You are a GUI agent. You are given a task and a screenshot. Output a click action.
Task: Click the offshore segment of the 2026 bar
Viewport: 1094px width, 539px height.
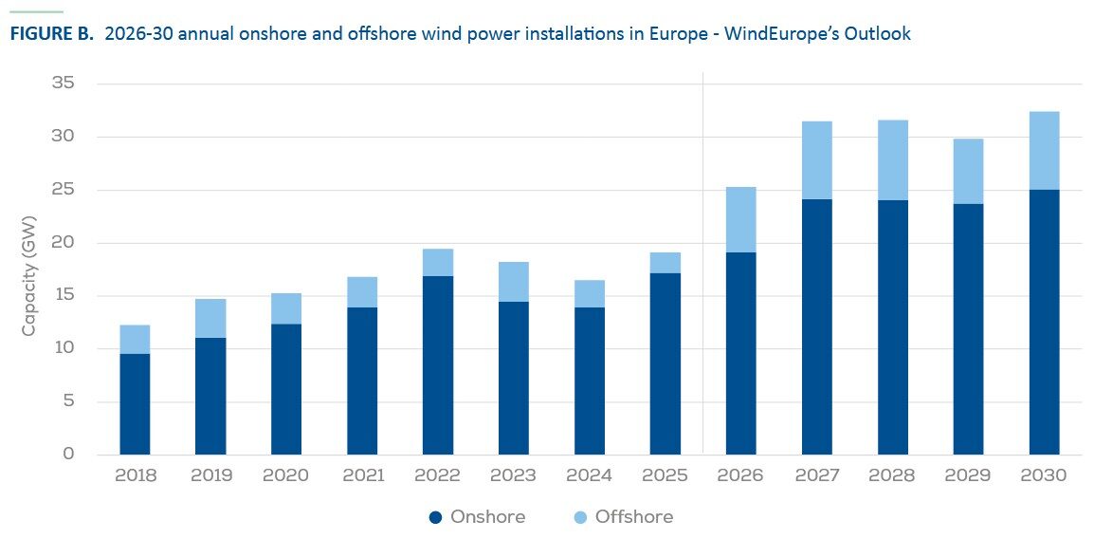click(741, 220)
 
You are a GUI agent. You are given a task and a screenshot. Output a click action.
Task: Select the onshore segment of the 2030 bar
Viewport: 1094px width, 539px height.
click(1045, 322)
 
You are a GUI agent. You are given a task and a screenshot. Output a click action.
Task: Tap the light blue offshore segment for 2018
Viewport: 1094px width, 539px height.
click(135, 340)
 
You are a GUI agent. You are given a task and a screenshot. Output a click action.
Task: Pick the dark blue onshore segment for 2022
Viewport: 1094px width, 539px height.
click(437, 365)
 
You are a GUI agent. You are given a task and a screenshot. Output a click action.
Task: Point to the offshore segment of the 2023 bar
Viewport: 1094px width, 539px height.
click(514, 282)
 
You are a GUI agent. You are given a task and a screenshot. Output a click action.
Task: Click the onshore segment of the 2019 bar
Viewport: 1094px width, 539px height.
click(210, 396)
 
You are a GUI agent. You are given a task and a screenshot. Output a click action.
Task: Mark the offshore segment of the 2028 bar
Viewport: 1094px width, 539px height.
click(893, 160)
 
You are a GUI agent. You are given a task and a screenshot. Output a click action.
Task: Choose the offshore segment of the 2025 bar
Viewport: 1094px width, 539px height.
click(665, 263)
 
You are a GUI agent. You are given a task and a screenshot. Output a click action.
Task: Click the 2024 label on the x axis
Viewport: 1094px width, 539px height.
click(589, 476)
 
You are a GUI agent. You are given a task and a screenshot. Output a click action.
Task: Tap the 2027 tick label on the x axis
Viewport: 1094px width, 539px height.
click(817, 476)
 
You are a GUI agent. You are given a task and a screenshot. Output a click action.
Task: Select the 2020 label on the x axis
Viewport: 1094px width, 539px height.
click(286, 476)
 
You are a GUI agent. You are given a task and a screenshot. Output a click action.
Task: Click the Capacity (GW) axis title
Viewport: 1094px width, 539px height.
click(28, 276)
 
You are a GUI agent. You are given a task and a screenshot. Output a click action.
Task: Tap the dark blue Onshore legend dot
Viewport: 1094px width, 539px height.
click(436, 517)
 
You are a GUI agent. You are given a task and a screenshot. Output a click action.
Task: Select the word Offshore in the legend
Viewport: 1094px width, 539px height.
click(634, 516)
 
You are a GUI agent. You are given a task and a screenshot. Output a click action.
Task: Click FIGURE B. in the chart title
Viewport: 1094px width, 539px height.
click(51, 34)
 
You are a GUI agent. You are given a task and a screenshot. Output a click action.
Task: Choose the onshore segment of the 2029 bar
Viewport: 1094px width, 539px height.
click(969, 329)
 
